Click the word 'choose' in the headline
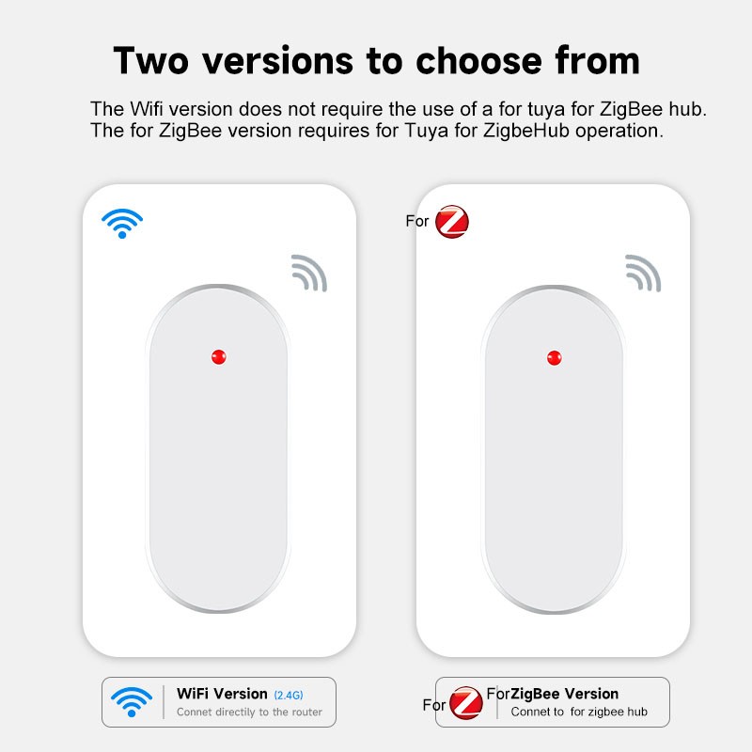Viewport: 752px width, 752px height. pos(479,61)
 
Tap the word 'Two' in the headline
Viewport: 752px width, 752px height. pos(150,60)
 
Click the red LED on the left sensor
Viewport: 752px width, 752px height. pos(219,357)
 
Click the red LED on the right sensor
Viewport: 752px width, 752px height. pos(555,358)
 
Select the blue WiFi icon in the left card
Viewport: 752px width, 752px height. pos(122,223)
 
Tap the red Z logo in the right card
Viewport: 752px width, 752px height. pos(452,222)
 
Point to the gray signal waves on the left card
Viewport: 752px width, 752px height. pos(310,273)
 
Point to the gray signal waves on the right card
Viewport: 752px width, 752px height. pos(644,273)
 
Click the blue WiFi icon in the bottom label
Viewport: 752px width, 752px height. pos(132,701)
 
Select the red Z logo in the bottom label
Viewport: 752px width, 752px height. pos(466,703)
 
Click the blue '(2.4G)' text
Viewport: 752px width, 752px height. pos(289,695)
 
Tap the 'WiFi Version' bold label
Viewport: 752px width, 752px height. pos(222,694)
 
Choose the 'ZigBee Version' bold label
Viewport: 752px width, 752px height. pos(565,694)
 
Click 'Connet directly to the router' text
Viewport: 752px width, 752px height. pos(249,712)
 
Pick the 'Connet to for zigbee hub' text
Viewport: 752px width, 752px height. pos(579,712)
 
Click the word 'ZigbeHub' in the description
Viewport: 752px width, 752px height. pos(525,131)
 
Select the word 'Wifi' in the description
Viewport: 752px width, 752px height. pos(147,109)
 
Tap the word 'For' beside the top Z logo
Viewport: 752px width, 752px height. pos(416,221)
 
